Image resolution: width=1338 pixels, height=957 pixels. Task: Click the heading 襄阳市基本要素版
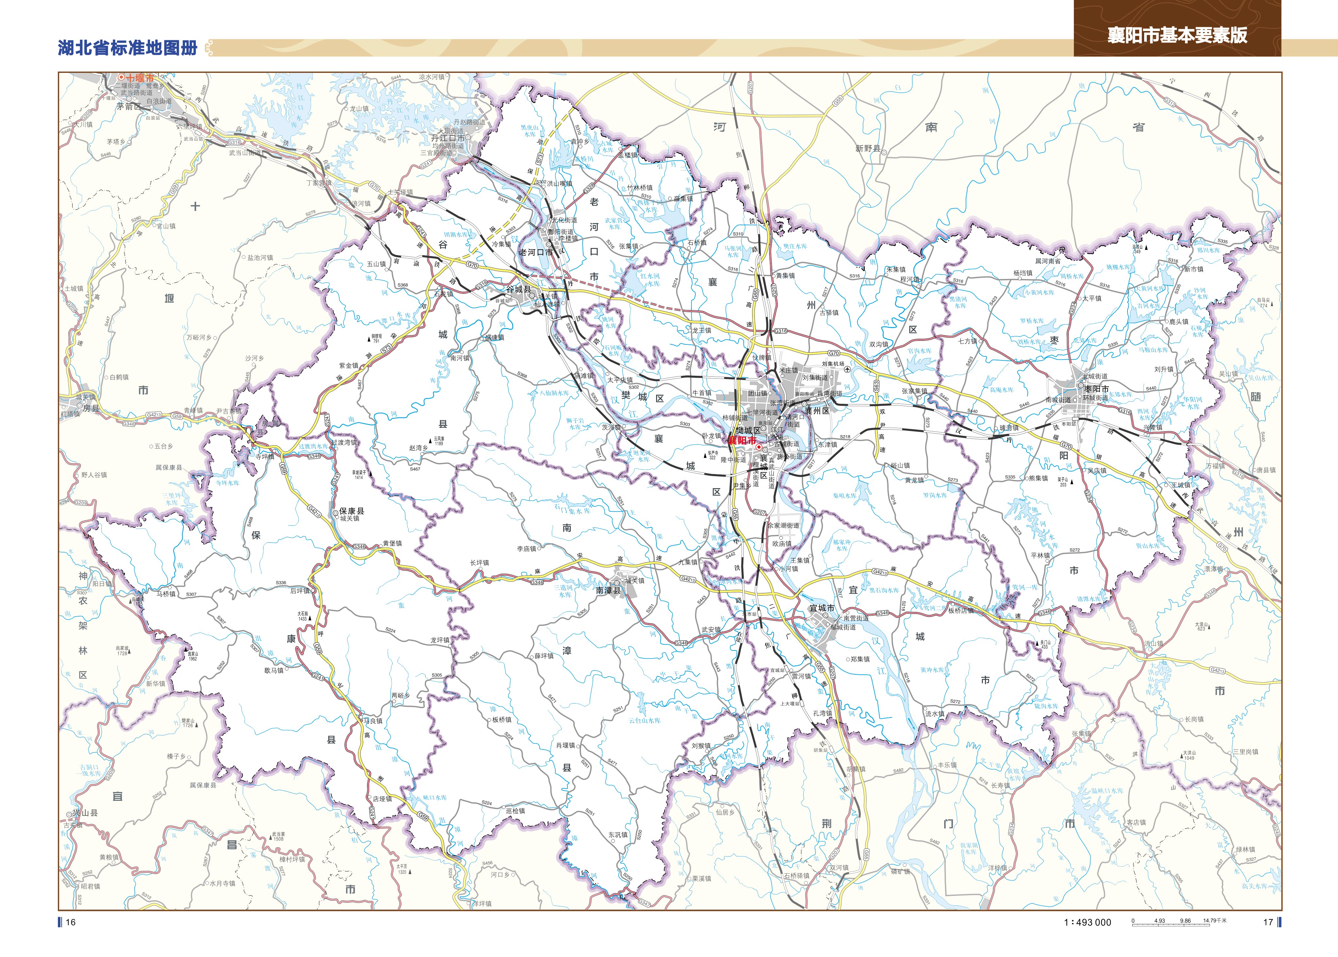[x=1177, y=35]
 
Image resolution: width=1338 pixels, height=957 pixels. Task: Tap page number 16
[x=71, y=922]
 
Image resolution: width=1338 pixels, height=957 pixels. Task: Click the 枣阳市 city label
[x=1096, y=389]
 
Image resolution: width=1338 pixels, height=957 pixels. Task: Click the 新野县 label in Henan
[x=868, y=148]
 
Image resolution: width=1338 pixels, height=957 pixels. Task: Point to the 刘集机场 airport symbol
[x=847, y=370]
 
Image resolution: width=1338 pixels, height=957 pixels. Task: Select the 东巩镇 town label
[x=618, y=834]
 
